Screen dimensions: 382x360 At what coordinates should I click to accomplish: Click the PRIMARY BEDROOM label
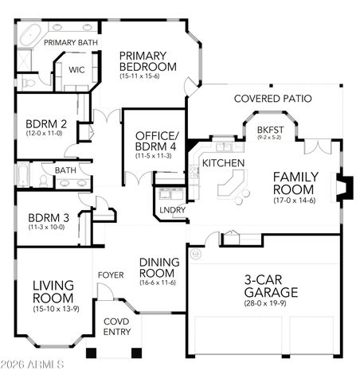tap(148, 60)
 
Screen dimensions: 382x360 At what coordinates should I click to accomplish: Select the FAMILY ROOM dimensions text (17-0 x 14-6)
tap(295, 202)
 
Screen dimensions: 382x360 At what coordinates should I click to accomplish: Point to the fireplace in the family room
tap(342, 189)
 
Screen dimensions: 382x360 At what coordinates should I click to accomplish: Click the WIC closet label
tap(77, 69)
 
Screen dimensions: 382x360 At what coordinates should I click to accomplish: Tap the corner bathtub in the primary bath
tap(29, 36)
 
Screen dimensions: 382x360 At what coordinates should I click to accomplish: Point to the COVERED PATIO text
tap(272, 99)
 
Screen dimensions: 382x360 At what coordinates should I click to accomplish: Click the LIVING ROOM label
tap(53, 290)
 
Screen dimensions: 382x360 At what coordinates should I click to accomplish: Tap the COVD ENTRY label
tap(117, 326)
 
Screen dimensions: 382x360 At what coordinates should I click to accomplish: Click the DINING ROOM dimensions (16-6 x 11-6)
tap(158, 281)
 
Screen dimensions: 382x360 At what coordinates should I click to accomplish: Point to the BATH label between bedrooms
tap(65, 170)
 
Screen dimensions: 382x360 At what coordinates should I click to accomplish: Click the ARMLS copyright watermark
tap(34, 365)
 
